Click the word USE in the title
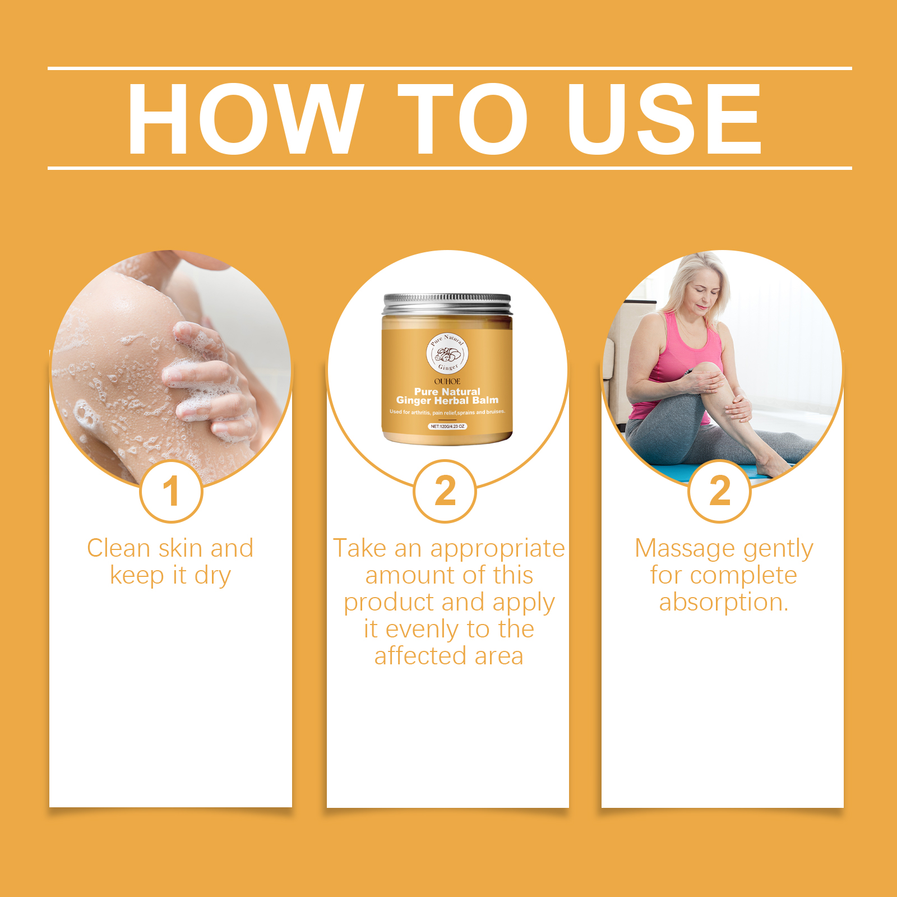click(664, 118)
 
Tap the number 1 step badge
click(171, 491)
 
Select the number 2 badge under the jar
click(445, 491)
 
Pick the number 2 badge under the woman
click(719, 491)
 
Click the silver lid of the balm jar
click(447, 304)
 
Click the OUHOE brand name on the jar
click(447, 381)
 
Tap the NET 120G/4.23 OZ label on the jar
click(447, 426)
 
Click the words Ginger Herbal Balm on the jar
click(447, 400)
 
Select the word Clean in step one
click(119, 548)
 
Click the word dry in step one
click(212, 576)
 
